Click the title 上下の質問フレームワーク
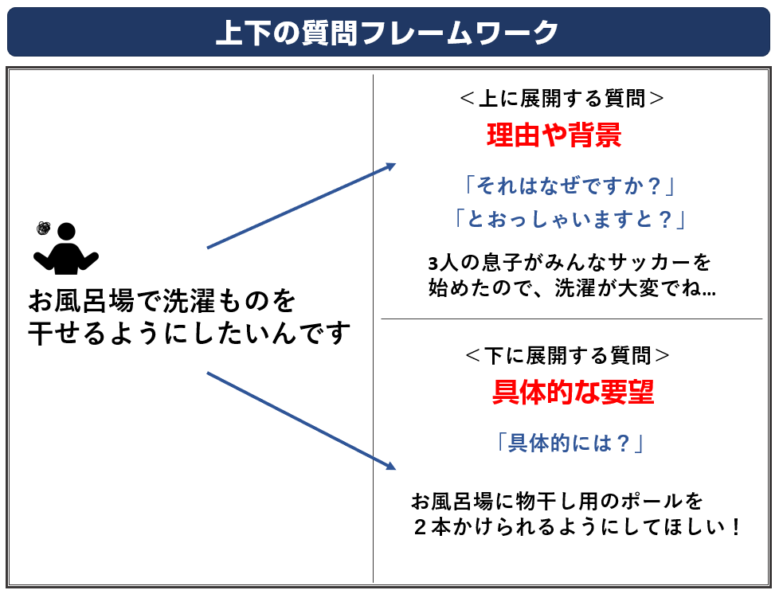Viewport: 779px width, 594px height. point(388,33)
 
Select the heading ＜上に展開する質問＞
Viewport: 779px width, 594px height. point(562,99)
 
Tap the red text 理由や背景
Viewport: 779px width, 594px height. point(554,135)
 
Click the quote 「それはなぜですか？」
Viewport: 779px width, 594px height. point(569,186)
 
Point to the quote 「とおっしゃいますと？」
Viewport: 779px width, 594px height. point(570,218)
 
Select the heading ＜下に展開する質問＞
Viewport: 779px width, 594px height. point(567,356)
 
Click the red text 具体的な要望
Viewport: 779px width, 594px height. point(573,392)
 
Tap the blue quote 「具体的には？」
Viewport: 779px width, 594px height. point(570,443)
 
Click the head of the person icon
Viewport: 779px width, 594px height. point(66,232)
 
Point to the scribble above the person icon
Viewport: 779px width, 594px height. point(44,228)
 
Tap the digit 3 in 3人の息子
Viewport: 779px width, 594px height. point(433,264)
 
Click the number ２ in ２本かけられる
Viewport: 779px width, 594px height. point(421,527)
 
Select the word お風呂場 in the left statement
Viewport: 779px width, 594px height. point(81,301)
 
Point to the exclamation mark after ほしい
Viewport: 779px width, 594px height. point(736,527)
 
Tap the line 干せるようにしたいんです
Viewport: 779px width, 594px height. point(190,333)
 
